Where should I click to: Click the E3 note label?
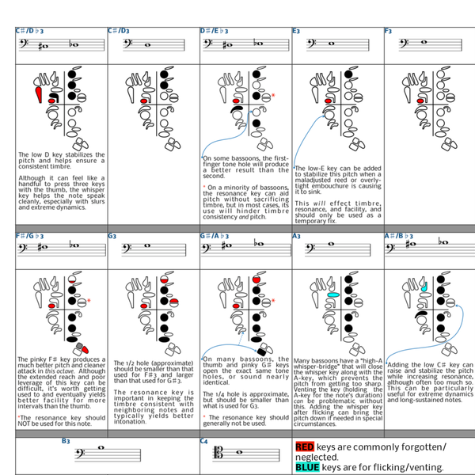click(x=296, y=31)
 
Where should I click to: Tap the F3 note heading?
click(x=388, y=31)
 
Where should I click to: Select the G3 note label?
click(x=112, y=236)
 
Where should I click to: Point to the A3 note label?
click(x=296, y=236)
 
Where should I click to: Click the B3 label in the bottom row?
click(x=66, y=440)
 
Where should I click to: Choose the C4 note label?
click(x=204, y=440)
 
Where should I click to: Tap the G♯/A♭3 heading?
click(x=216, y=236)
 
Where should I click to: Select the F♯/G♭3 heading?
click(x=30, y=236)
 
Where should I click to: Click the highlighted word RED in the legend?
click(x=305, y=447)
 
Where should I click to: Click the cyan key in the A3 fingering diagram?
click(x=333, y=294)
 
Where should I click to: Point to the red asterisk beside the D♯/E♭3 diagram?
click(x=273, y=95)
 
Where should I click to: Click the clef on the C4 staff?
click(x=210, y=455)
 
